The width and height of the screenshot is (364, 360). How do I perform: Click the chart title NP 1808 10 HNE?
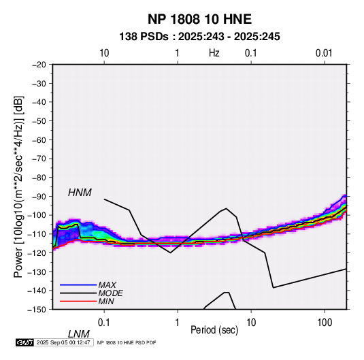tap(199, 19)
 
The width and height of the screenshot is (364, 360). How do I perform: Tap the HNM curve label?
tap(80, 193)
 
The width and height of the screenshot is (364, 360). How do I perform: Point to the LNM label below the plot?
tap(78, 334)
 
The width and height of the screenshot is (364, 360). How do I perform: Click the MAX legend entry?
tap(107, 285)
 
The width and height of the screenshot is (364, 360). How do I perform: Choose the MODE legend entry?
tap(110, 293)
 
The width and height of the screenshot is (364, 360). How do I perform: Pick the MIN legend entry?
tap(106, 301)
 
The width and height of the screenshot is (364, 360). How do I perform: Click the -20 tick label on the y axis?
tap(39, 65)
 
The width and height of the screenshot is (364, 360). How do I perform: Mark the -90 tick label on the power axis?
tap(39, 197)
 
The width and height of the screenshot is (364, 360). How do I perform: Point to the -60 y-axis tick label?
tap(39, 140)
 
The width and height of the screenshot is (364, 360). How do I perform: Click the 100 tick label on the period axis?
tap(325, 322)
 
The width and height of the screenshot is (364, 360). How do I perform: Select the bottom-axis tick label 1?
tap(178, 322)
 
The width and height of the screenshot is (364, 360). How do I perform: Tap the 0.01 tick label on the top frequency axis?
tap(324, 53)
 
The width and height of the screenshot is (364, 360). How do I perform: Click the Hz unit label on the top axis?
tap(214, 53)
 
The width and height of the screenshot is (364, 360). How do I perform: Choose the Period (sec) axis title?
tap(214, 330)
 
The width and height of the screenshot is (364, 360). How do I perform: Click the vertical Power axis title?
tap(18, 186)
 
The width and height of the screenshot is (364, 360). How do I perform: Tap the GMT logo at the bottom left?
tap(25, 342)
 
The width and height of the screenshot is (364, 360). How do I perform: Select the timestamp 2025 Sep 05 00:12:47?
tap(63, 342)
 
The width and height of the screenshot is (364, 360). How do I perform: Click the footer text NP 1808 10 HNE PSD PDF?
tap(127, 342)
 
